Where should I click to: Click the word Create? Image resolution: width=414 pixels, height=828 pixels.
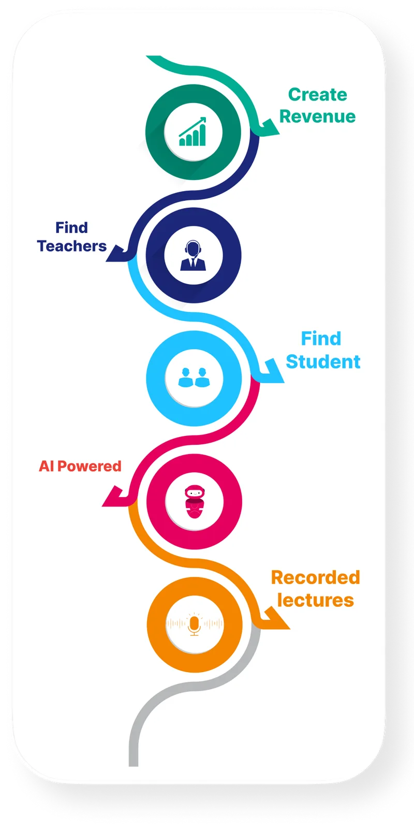click(x=317, y=95)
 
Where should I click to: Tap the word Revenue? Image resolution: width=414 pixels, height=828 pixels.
click(x=317, y=117)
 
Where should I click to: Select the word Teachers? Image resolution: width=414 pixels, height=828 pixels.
click(x=71, y=246)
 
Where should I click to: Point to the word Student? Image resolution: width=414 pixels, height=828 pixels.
click(x=323, y=361)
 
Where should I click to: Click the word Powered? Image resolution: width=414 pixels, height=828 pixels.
click(x=90, y=466)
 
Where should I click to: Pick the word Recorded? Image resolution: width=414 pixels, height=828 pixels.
click(x=315, y=577)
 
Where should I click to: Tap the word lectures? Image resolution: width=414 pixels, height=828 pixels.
click(x=315, y=600)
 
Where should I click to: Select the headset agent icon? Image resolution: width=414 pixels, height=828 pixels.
click(x=193, y=255)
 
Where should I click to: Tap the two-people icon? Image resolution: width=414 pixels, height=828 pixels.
click(x=194, y=377)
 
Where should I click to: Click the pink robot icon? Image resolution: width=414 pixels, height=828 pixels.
click(x=194, y=501)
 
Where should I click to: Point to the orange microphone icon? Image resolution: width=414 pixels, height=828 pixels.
click(x=194, y=624)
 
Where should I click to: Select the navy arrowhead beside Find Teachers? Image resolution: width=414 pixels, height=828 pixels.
click(x=117, y=253)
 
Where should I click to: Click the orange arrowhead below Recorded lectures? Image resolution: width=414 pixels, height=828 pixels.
click(x=276, y=619)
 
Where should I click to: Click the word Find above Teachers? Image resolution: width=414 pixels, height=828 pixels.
click(x=71, y=228)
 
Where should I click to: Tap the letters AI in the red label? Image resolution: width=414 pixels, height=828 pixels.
click(x=47, y=466)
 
